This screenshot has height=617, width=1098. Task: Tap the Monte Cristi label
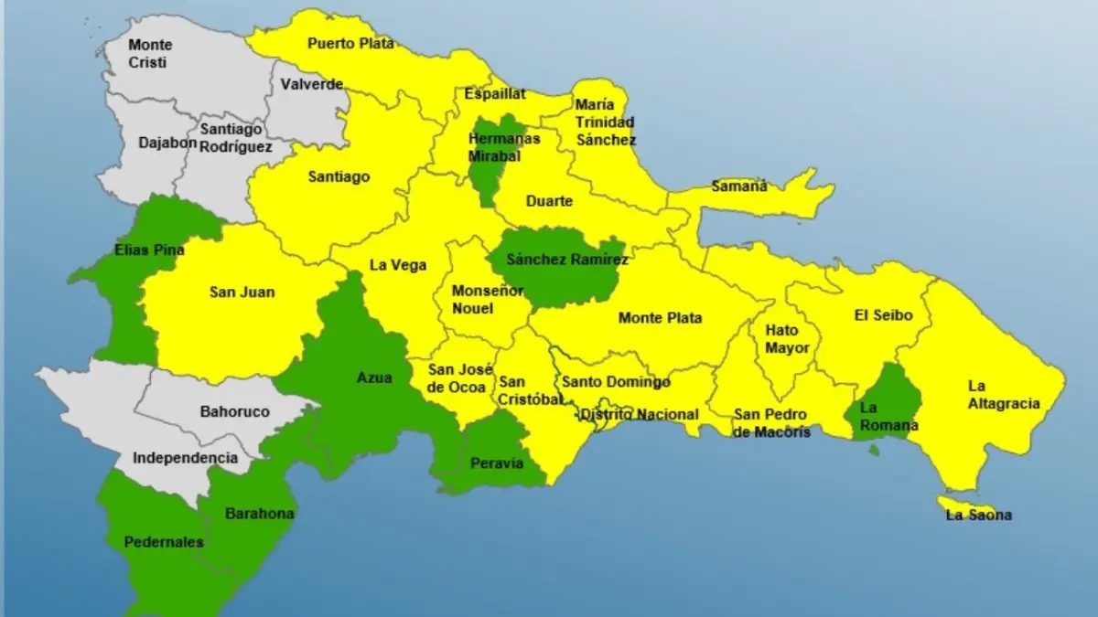click(150, 53)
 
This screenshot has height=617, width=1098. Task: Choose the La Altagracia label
click(1004, 395)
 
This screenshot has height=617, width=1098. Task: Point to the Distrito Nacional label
click(639, 415)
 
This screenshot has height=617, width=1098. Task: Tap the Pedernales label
click(165, 542)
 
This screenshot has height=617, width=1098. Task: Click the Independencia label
click(185, 458)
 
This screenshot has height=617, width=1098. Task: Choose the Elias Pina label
click(149, 250)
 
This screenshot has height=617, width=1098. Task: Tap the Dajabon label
click(167, 143)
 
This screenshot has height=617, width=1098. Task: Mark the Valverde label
click(312, 84)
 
